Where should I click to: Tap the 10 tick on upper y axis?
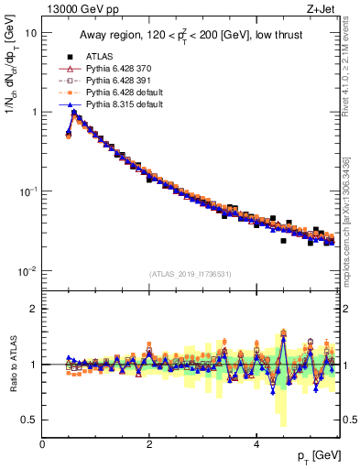[x=30, y=33]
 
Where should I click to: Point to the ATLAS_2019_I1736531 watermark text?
[x=191, y=274]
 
